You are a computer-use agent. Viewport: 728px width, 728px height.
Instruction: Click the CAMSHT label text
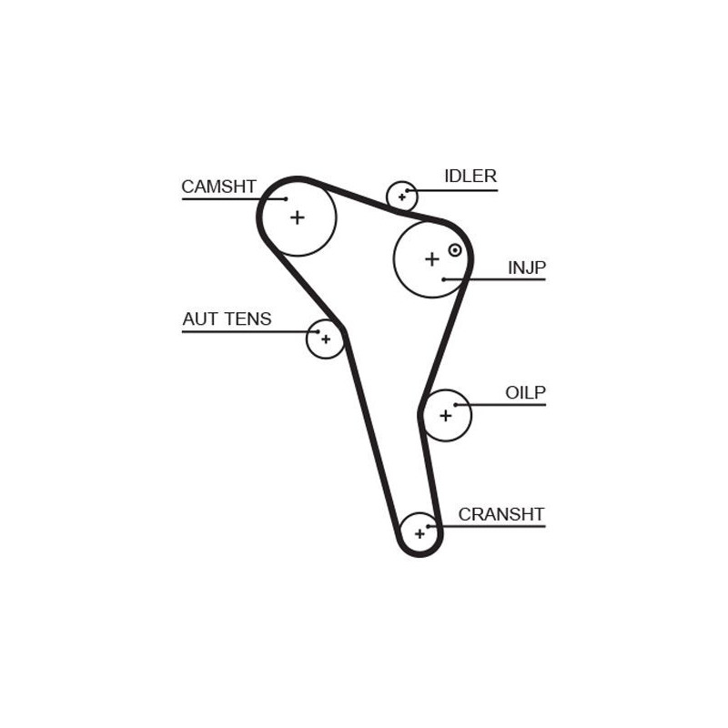click(x=218, y=187)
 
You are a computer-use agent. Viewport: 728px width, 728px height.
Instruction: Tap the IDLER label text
click(x=470, y=176)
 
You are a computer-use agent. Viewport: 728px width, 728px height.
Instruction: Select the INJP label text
click(x=527, y=268)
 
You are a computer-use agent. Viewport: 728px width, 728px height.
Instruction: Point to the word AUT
click(x=200, y=319)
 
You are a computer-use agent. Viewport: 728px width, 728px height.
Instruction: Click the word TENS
click(x=248, y=319)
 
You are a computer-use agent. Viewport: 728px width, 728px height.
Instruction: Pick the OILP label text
click(x=525, y=393)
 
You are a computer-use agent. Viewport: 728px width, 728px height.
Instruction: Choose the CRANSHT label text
click(x=501, y=514)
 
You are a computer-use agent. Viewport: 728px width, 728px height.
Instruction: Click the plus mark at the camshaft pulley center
click(x=298, y=217)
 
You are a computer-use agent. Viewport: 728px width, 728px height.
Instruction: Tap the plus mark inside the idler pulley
click(x=402, y=197)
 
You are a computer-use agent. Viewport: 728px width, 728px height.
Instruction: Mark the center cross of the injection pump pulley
click(x=432, y=259)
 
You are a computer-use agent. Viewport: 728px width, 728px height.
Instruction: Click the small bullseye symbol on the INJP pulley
click(x=455, y=250)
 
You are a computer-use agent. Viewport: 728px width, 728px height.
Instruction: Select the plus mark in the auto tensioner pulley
click(x=326, y=339)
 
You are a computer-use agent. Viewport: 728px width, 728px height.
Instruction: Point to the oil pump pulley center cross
click(x=446, y=415)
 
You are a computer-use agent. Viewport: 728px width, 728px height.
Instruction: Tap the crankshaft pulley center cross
click(x=420, y=534)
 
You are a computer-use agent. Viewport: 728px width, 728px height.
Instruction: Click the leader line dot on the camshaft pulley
click(x=286, y=198)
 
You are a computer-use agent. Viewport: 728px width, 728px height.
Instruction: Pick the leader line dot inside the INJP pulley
click(x=444, y=279)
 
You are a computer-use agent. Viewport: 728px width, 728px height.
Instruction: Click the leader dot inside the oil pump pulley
click(x=456, y=405)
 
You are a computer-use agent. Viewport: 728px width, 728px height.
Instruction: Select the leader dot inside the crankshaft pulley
click(x=429, y=526)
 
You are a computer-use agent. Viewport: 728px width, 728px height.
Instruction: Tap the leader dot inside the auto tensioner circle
click(x=318, y=331)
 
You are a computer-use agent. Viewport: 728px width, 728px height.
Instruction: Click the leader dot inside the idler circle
click(x=408, y=190)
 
